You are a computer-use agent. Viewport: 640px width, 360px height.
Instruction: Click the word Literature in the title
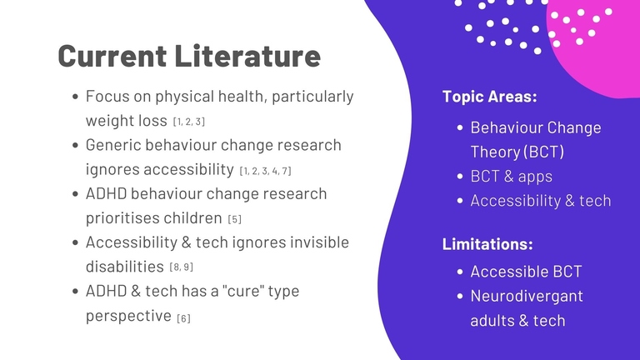coord(247,56)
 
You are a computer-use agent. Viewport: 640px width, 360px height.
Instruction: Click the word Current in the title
coord(112,56)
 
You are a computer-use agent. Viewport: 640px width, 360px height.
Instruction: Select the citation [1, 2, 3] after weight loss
coord(189,122)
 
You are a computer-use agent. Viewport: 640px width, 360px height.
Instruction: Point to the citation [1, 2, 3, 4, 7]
coord(265,171)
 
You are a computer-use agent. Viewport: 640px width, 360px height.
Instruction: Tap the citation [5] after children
coord(235,219)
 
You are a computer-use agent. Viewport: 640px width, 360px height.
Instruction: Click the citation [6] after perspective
coord(183,318)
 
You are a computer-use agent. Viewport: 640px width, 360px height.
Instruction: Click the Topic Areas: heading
coord(489,97)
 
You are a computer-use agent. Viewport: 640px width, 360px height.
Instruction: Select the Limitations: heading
coord(487,244)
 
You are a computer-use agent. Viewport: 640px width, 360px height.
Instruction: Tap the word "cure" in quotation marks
coord(242,291)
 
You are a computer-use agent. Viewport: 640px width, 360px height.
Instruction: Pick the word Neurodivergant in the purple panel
coord(527,297)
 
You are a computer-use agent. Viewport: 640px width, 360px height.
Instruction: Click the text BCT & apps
coord(511,177)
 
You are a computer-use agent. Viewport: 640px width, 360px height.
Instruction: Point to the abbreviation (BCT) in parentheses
coord(543,152)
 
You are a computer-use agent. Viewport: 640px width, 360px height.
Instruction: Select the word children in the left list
coord(193,218)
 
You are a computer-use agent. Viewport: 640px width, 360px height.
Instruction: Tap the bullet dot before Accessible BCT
coord(460,272)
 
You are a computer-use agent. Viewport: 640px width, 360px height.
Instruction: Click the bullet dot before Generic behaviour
coord(75,145)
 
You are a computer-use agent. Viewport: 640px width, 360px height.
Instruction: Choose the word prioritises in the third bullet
coord(122,218)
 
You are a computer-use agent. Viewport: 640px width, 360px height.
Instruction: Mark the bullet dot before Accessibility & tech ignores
coord(75,242)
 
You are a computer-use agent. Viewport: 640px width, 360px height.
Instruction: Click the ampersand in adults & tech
coord(524,321)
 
